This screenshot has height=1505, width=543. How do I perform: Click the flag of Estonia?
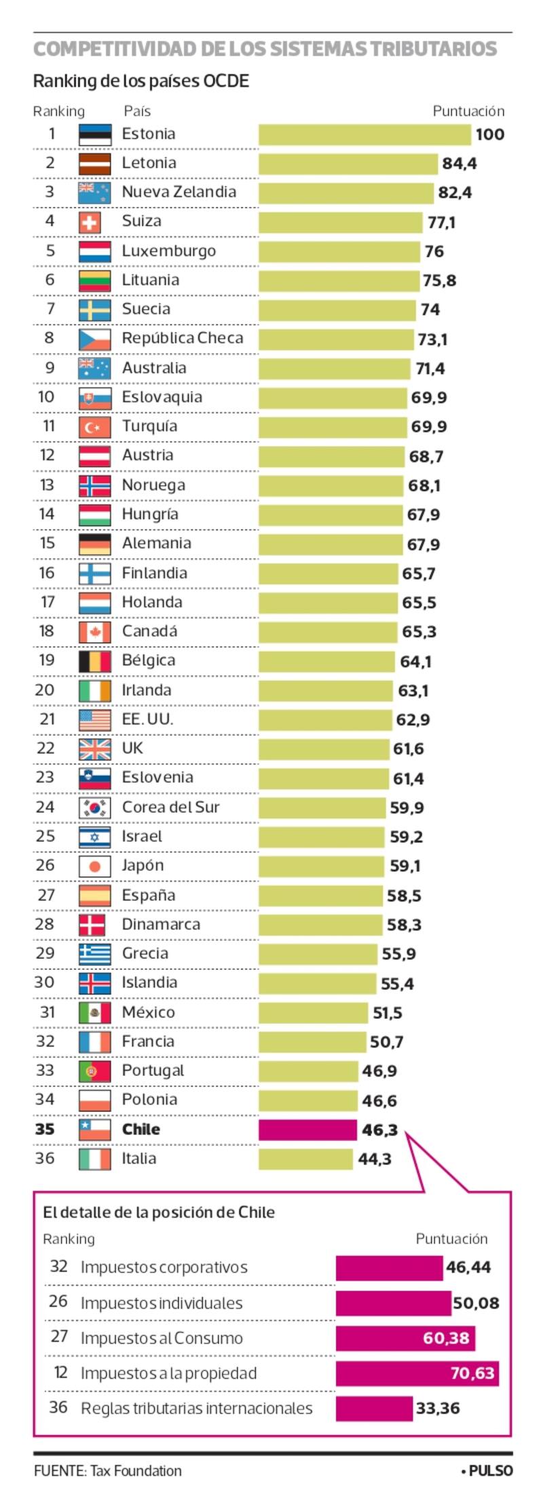94,134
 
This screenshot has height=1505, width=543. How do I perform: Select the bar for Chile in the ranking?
307,1130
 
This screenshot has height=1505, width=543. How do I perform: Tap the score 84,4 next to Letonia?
459,164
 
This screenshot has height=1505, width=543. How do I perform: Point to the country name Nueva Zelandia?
179,192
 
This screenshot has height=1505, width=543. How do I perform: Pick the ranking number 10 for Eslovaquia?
45,397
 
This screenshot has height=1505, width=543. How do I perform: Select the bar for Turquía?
332,427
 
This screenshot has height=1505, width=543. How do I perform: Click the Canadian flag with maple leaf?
94,632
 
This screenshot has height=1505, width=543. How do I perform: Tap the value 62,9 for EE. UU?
412,720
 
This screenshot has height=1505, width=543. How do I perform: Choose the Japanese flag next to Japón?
94,866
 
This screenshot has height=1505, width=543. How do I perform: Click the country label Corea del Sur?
170,807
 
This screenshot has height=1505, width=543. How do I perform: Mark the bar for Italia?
305,1159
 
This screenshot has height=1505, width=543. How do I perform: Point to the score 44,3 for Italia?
375,1159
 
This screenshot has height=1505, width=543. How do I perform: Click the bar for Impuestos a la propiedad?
417,1373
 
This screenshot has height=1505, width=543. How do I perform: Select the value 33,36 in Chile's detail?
438,1409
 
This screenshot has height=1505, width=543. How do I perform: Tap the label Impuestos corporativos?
164,1267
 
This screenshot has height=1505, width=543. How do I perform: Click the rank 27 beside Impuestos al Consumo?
59,1337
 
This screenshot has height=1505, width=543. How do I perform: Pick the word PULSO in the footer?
490,1471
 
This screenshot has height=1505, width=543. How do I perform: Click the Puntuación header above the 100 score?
468,111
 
